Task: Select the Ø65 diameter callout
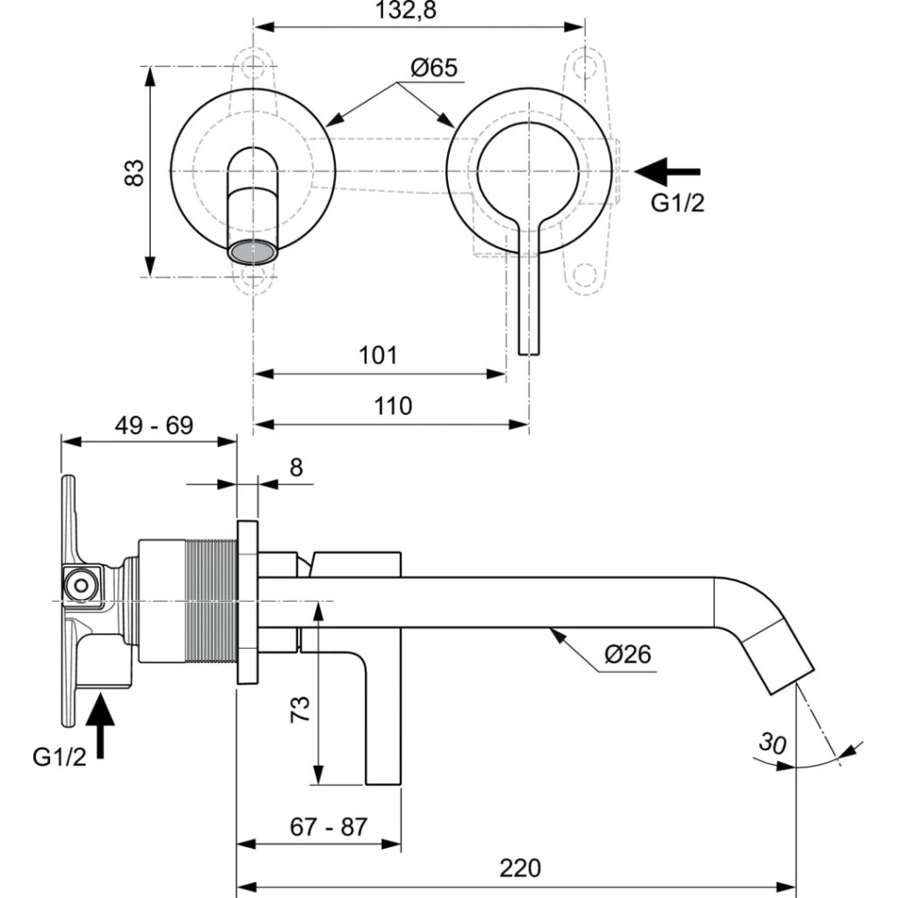tap(433, 68)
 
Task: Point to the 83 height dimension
tap(135, 171)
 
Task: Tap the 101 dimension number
tap(379, 355)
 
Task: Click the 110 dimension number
tap(393, 405)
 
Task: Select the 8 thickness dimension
tap(295, 468)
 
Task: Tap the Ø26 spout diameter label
tap(629, 655)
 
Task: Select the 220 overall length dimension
tap(519, 868)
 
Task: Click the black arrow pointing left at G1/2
tap(668, 171)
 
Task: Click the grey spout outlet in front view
tap(252, 251)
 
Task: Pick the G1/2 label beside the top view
tap(677, 205)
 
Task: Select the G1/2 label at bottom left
tap(59, 757)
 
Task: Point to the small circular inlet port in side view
tap(81, 585)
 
